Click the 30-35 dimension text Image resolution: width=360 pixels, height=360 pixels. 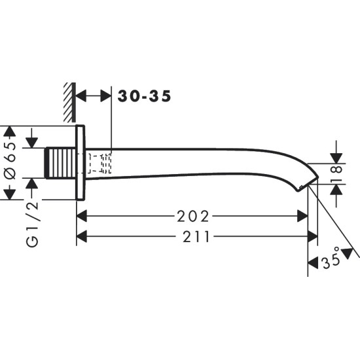click(x=145, y=96)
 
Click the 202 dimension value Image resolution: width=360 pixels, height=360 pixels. click(x=194, y=215)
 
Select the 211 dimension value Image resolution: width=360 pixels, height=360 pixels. click(x=194, y=237)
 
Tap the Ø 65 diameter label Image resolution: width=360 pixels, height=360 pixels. click(x=10, y=162)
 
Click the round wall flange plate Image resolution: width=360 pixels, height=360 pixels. click(x=81, y=162)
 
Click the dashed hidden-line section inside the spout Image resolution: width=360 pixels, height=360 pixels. click(x=99, y=162)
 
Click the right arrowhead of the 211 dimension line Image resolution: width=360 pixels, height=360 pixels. click(x=314, y=237)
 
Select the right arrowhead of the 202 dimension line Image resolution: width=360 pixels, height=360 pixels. click(x=303, y=215)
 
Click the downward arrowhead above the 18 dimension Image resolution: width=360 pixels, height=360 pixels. click(x=335, y=158)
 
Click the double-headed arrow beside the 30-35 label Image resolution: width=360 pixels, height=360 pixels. click(x=94, y=96)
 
